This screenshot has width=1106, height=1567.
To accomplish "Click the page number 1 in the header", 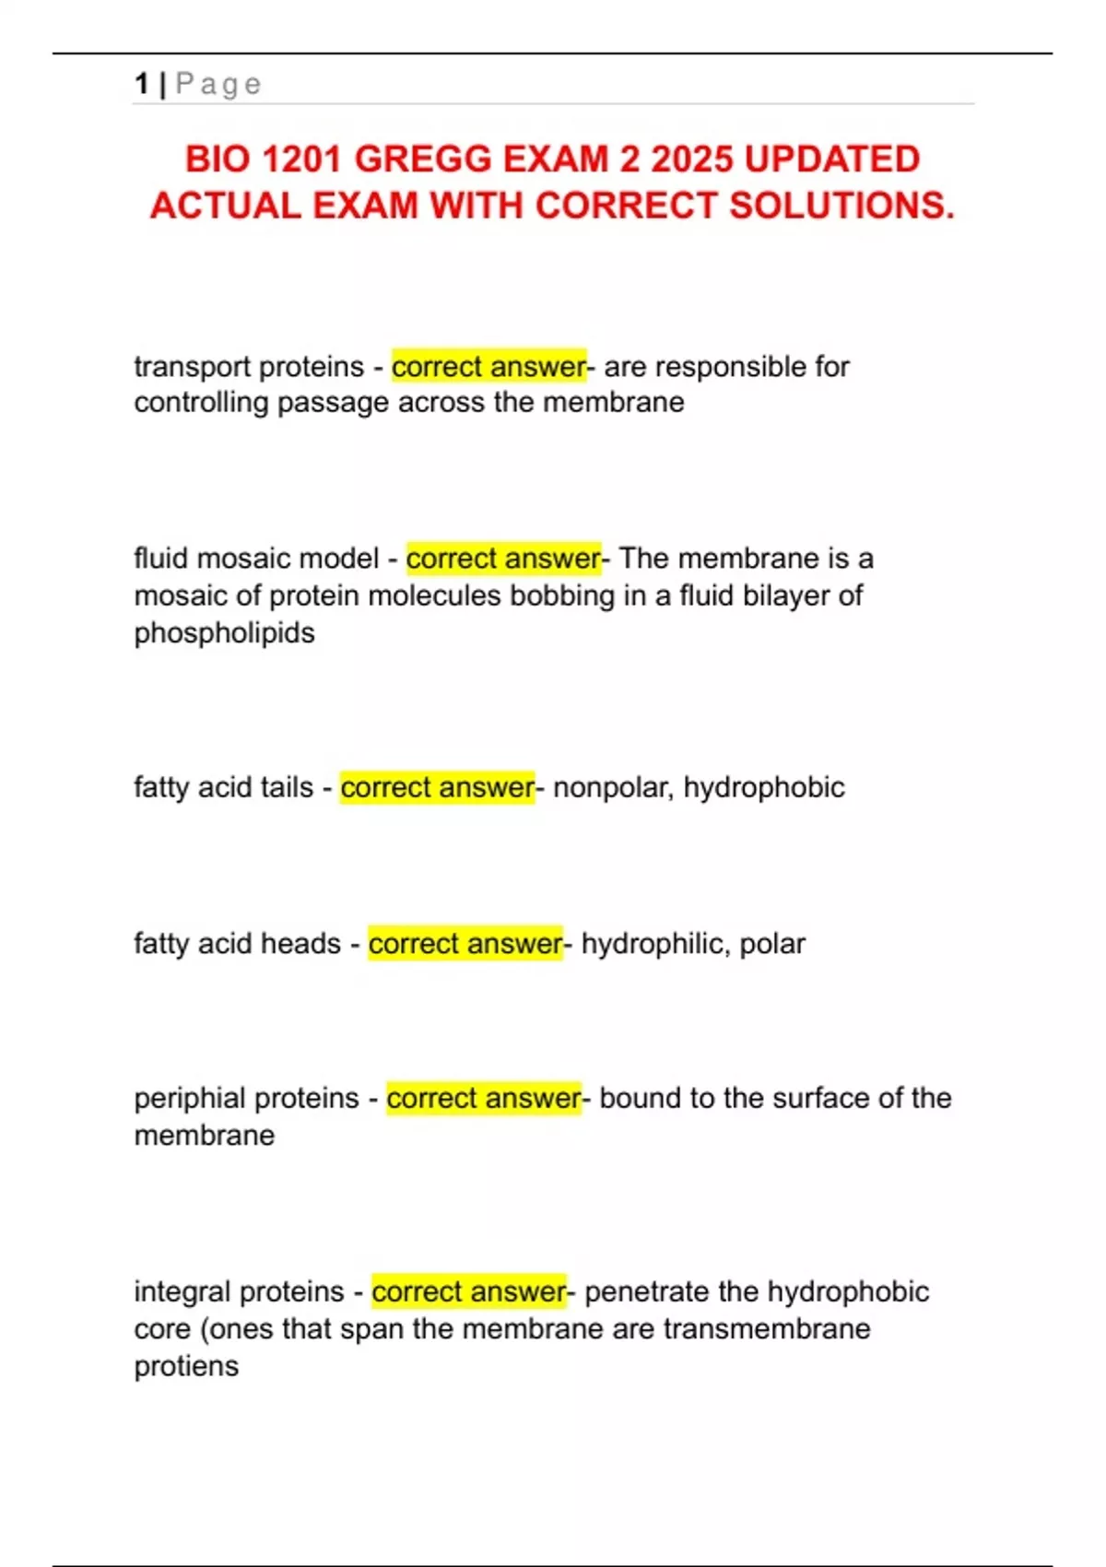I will click(141, 84).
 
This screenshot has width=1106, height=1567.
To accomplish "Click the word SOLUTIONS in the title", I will click(841, 206).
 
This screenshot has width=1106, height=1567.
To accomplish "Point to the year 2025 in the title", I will click(692, 159).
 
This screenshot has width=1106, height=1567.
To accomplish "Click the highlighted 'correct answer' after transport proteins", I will click(488, 367).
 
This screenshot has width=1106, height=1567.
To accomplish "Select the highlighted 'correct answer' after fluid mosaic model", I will click(503, 559).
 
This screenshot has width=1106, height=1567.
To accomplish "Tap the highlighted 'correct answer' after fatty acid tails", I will click(437, 788).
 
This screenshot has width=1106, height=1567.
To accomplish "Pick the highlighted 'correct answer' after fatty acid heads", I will click(465, 944).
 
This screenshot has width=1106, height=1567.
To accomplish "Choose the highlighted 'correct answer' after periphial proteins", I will click(484, 1099).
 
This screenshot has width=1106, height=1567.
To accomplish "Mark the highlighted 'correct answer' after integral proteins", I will click(469, 1292).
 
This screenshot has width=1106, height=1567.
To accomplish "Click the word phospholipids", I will click(224, 634).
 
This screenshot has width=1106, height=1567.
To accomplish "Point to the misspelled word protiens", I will click(186, 1367).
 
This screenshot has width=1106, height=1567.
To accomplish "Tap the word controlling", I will click(201, 403).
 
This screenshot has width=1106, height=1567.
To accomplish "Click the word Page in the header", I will click(218, 84).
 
